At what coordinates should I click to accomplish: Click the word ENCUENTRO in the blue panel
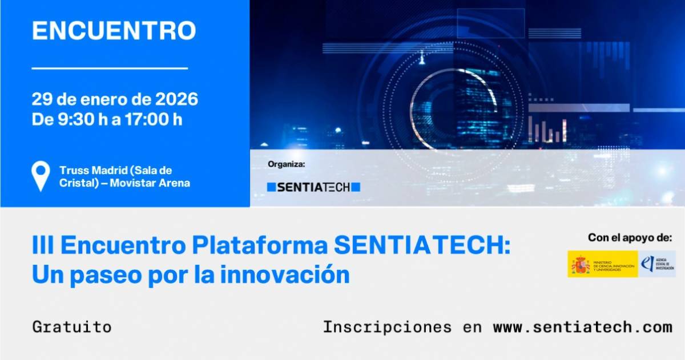point(114,31)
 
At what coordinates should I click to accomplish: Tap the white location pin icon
point(41,175)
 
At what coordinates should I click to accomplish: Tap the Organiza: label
point(287,164)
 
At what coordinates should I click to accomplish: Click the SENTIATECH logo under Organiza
point(314,187)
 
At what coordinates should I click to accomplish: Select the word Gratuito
point(72,327)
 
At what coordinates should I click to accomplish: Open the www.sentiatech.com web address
point(582,327)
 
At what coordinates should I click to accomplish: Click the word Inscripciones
point(387,327)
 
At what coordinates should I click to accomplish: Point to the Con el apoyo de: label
point(630,238)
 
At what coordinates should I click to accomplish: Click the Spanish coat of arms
point(581,264)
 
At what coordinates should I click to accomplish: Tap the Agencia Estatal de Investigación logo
point(656,264)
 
